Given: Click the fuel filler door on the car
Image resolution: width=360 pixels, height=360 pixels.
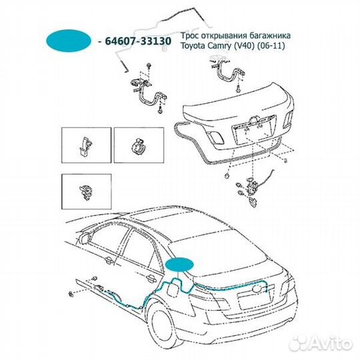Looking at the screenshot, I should (x=172, y=289).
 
